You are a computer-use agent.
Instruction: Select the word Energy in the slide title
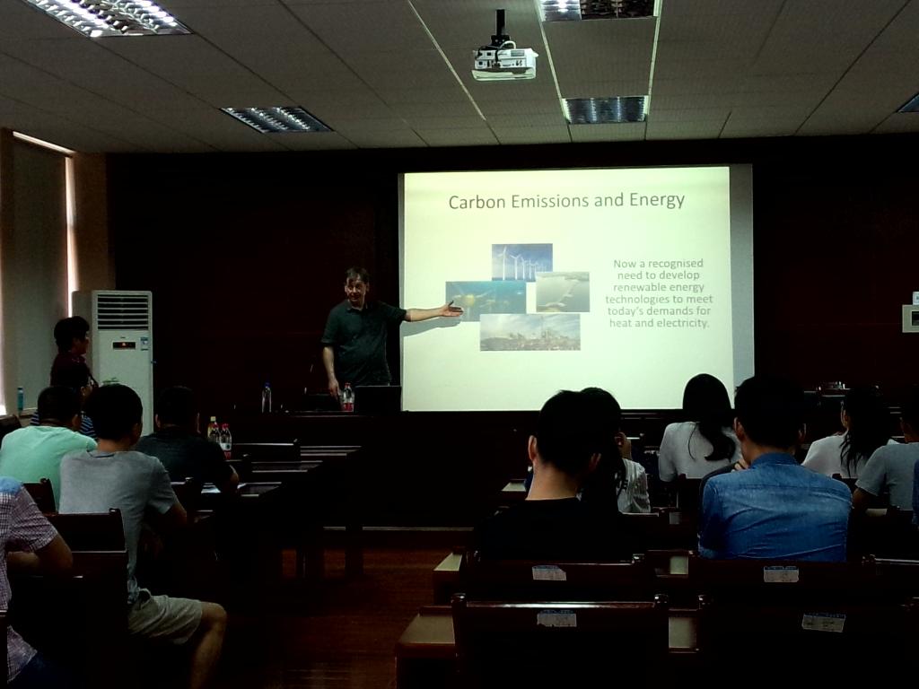(657, 201)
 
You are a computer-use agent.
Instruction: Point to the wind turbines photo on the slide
(521, 262)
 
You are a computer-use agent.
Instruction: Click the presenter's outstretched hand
(452, 310)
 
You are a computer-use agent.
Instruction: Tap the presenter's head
(356, 283)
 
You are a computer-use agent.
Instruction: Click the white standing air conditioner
(122, 352)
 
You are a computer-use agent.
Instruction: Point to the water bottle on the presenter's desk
(267, 397)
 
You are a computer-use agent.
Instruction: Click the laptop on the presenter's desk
(378, 398)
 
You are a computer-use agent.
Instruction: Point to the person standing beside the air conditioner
(72, 352)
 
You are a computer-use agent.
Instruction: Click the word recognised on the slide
(675, 264)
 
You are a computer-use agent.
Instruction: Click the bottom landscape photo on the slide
(530, 332)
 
